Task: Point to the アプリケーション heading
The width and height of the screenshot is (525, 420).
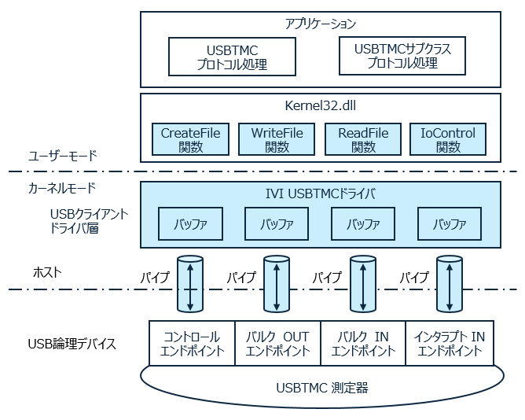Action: coord(321,24)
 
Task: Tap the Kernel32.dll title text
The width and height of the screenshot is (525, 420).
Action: coord(321,106)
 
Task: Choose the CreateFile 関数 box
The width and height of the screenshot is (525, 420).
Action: coord(191,139)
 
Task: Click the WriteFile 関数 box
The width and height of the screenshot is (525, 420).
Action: coord(277,139)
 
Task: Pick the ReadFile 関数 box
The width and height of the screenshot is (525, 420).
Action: coord(363,139)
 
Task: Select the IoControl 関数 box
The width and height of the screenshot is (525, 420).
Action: coord(449,139)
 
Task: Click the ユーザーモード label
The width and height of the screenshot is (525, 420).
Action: coord(62,156)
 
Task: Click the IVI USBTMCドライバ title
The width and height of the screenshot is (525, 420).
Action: coord(321,193)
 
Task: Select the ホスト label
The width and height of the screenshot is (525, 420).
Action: coord(47,272)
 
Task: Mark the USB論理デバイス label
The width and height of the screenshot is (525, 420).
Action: coord(72,344)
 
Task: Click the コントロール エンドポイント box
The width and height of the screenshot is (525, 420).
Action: coord(192,344)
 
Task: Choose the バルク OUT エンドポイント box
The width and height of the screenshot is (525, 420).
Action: coord(277,344)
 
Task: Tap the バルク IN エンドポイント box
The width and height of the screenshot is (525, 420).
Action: coord(363,344)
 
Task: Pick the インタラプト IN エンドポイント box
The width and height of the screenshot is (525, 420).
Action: coord(449,344)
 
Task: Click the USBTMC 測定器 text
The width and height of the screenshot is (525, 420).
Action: coord(321,387)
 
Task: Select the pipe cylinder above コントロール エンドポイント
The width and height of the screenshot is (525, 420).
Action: coord(190,283)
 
